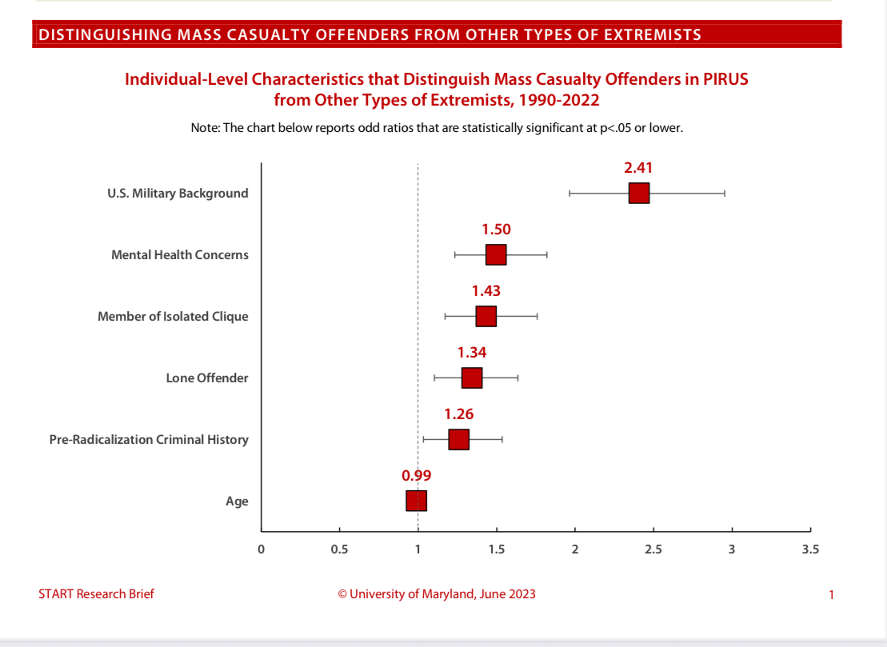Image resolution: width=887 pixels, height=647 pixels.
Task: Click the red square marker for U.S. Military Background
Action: (638, 194)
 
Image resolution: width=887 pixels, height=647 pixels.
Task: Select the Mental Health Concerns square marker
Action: (496, 255)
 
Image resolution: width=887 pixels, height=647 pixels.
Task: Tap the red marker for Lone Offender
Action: (472, 378)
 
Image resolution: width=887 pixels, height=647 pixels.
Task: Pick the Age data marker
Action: (416, 501)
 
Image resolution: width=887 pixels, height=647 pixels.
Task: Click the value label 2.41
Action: (639, 168)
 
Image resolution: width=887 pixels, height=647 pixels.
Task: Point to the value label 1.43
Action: (485, 291)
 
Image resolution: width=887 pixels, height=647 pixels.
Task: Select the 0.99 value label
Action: (416, 475)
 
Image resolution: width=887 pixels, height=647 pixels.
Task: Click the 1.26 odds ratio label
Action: (459, 414)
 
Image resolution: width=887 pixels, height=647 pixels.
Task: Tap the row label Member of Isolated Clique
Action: (173, 317)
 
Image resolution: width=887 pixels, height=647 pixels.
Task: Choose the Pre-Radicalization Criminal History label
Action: (149, 440)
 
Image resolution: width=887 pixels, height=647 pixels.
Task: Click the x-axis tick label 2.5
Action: (653, 549)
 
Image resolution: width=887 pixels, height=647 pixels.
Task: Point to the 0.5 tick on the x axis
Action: (339, 549)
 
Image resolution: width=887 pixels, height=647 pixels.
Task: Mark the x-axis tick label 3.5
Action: (810, 549)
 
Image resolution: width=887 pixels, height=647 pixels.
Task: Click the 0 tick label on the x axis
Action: (261, 549)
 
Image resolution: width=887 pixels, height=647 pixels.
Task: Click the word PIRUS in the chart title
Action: (723, 80)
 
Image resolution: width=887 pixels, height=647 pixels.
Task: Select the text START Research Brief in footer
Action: (96, 593)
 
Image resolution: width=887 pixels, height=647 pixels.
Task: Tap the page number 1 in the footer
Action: (832, 594)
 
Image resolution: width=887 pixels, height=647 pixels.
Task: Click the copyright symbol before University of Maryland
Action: (342, 594)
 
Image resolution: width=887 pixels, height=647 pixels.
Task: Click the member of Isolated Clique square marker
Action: (485, 317)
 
